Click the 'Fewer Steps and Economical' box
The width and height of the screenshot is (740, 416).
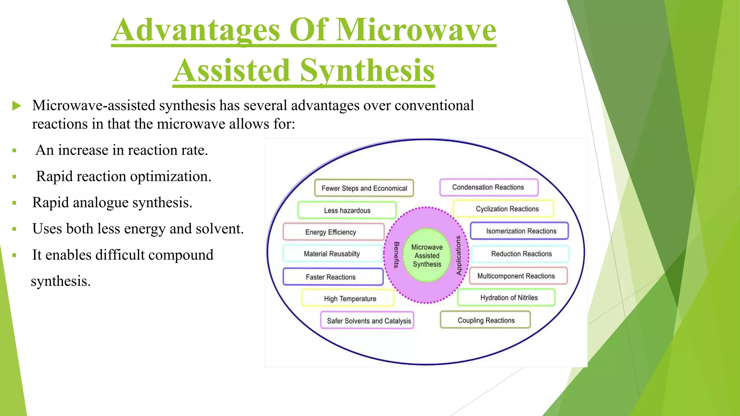(364, 188)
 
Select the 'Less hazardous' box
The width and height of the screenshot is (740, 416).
(347, 210)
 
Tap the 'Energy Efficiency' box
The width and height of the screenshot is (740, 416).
(333, 232)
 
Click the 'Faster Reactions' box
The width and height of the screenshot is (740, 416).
(332, 277)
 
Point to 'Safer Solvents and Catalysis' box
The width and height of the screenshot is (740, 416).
(367, 321)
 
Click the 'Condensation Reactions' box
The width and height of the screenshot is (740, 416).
(489, 187)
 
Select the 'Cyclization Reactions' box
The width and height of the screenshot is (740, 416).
(503, 209)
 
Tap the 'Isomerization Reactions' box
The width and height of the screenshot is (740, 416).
(519, 231)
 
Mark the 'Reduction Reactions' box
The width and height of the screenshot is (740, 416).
(520, 254)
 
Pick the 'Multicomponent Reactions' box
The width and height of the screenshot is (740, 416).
(518, 276)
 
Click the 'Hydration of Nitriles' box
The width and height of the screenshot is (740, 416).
(506, 298)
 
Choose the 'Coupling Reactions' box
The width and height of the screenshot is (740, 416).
(485, 320)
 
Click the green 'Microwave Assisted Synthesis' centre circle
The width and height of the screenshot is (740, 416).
(427, 255)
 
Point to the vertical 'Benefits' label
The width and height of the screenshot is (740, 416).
(396, 255)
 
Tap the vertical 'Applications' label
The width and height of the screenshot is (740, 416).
(459, 255)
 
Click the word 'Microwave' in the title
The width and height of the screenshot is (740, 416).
(416, 30)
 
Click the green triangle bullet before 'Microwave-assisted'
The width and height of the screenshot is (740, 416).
(17, 106)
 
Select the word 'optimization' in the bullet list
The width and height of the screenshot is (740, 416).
(171, 177)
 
